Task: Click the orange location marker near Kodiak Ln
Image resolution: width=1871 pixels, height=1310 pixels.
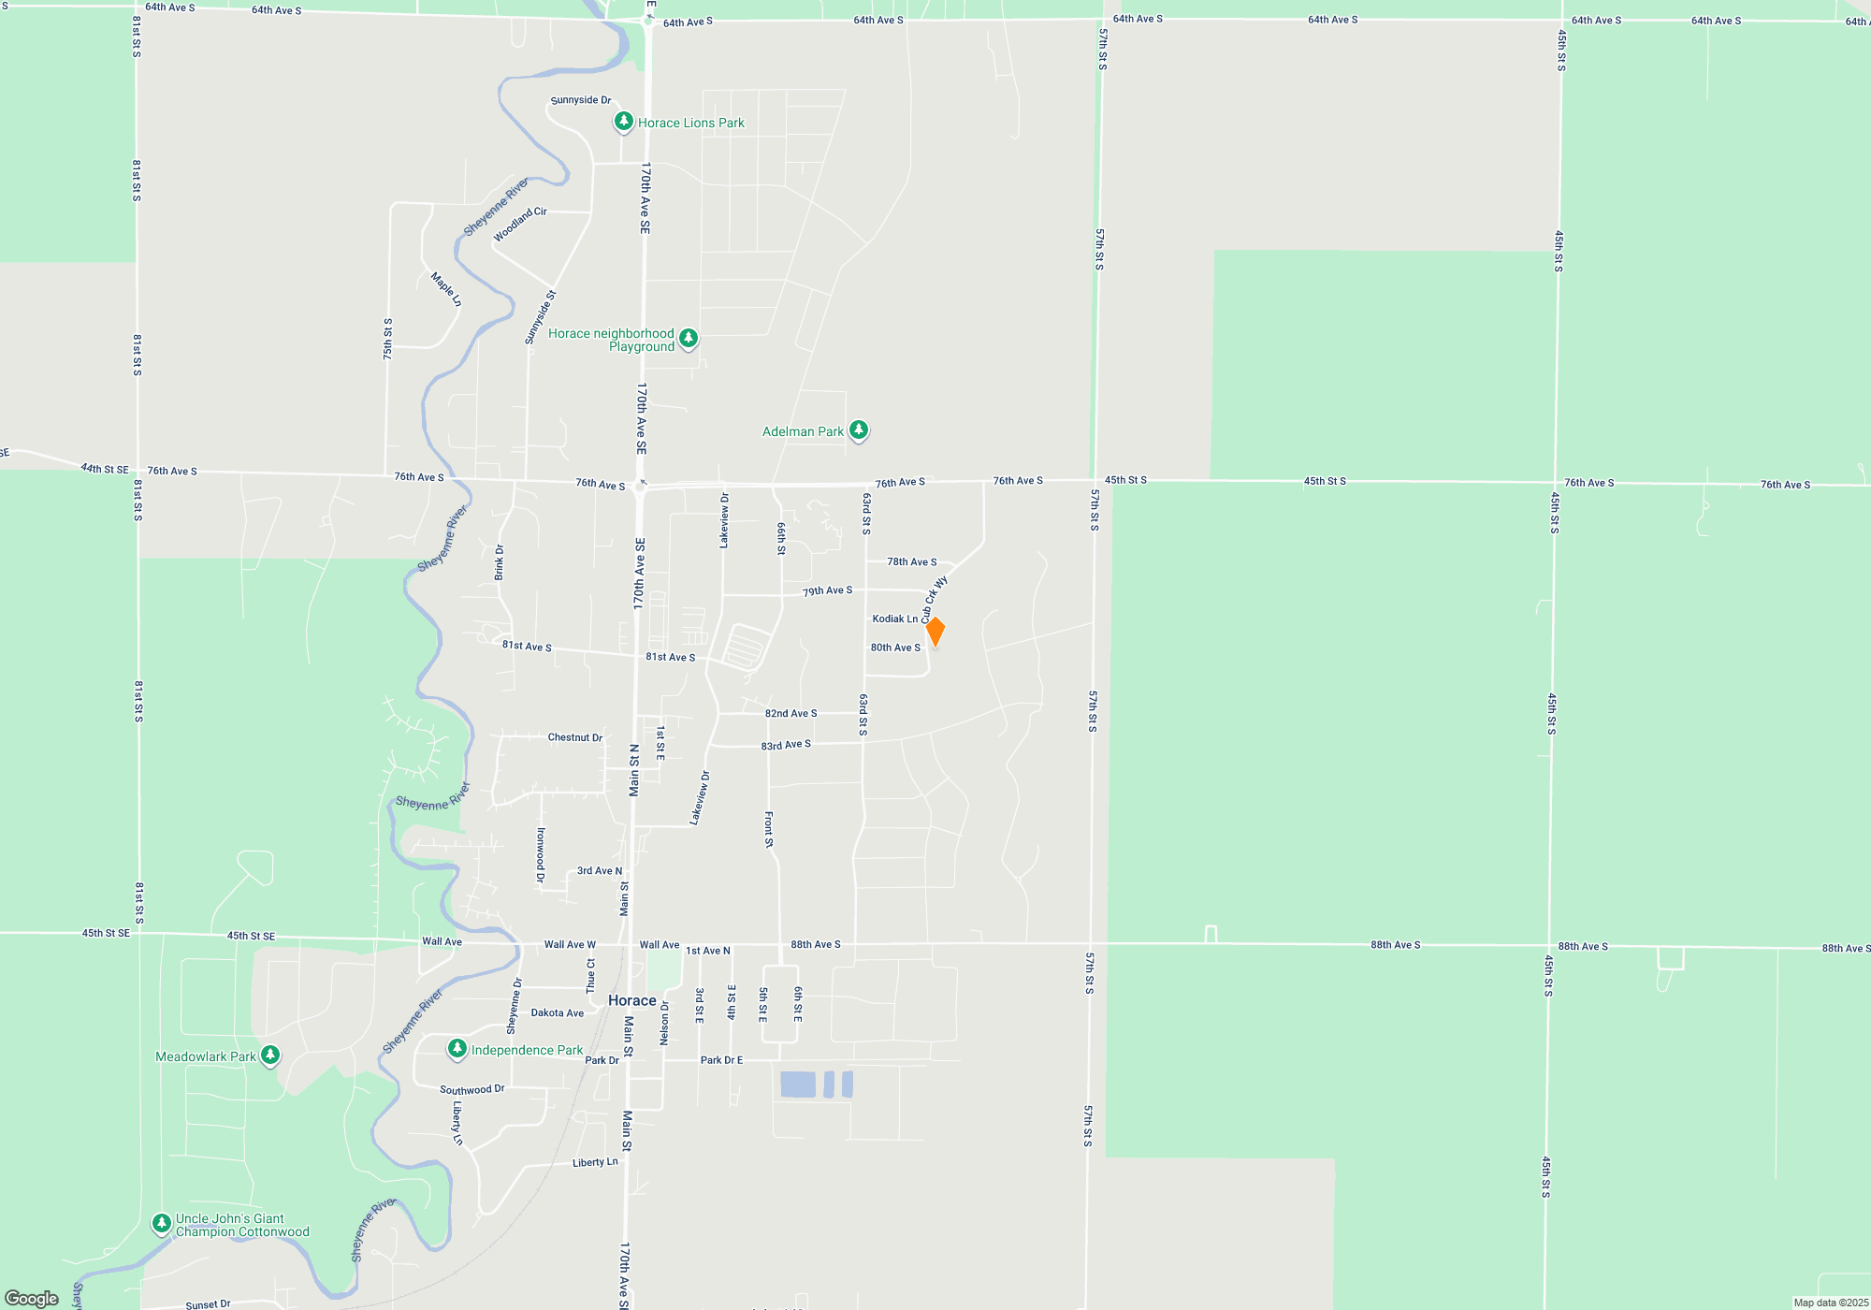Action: coord(935,632)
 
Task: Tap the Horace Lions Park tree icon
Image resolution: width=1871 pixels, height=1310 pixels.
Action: coord(623,122)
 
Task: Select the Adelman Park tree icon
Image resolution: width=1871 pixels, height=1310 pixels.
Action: coord(858,430)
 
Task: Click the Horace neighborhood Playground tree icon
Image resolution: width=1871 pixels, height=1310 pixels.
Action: coord(689,338)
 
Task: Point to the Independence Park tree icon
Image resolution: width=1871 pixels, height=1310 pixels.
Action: coord(457,1049)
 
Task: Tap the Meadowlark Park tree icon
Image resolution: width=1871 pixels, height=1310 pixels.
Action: coord(270,1055)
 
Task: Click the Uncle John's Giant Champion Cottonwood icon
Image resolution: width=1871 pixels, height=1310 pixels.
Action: coord(162,1223)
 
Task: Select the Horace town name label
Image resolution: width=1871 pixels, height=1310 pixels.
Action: coord(632,1000)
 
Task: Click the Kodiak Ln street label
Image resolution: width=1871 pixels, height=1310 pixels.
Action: coord(895,619)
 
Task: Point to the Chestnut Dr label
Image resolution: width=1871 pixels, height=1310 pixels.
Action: coord(575,737)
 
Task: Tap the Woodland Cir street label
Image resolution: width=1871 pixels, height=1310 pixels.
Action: coord(520,225)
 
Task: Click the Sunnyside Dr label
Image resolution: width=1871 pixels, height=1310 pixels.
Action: coord(581,100)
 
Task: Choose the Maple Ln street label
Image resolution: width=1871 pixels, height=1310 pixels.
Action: coord(446,289)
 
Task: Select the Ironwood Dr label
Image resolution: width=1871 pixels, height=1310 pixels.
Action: coord(540,854)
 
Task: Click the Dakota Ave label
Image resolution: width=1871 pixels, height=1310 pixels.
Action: coord(558,1012)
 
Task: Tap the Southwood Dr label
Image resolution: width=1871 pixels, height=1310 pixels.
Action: coord(472,1089)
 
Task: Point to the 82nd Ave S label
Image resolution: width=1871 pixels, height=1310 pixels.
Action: coord(791,713)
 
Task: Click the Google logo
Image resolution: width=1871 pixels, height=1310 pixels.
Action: coord(32,1299)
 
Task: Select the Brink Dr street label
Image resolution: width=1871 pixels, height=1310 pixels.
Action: coord(500,562)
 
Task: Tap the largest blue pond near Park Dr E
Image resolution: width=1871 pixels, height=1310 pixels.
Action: coord(798,1084)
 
